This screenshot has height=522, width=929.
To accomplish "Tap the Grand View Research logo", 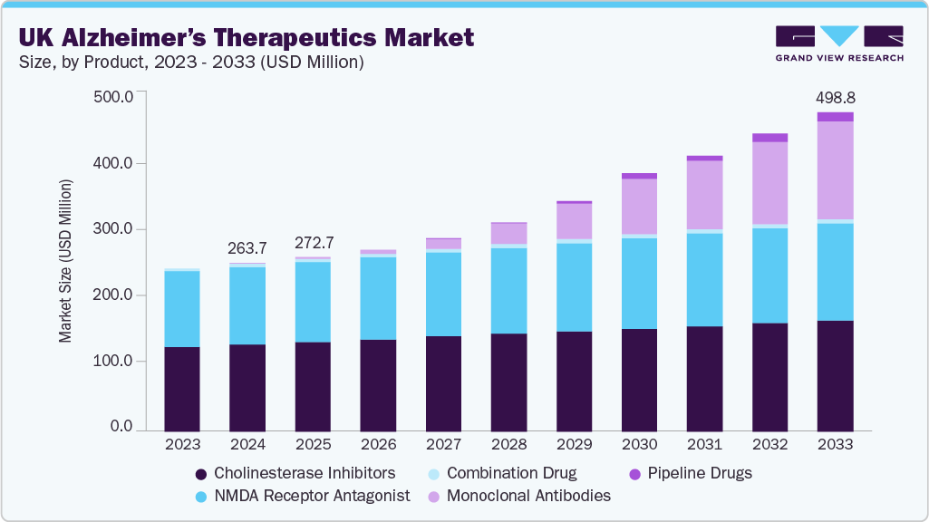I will (x=838, y=43).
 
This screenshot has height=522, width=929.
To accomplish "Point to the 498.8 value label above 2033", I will (x=834, y=97).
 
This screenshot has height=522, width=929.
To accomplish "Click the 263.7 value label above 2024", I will (x=247, y=248).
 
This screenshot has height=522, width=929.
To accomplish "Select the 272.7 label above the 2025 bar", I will (x=313, y=243).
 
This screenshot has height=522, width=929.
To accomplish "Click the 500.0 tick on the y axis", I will (x=114, y=97).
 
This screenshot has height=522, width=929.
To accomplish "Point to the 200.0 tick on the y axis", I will (x=114, y=295).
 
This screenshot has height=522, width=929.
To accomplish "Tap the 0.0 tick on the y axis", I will (x=121, y=427).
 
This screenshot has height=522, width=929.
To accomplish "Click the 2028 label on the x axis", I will (x=508, y=446).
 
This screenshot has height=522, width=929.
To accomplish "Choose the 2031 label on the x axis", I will (x=704, y=446).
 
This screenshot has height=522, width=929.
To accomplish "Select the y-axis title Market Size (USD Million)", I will (x=65, y=262).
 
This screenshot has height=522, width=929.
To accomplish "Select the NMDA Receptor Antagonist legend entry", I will (x=302, y=496).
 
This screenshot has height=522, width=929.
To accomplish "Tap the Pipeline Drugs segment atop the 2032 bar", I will (x=769, y=138).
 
